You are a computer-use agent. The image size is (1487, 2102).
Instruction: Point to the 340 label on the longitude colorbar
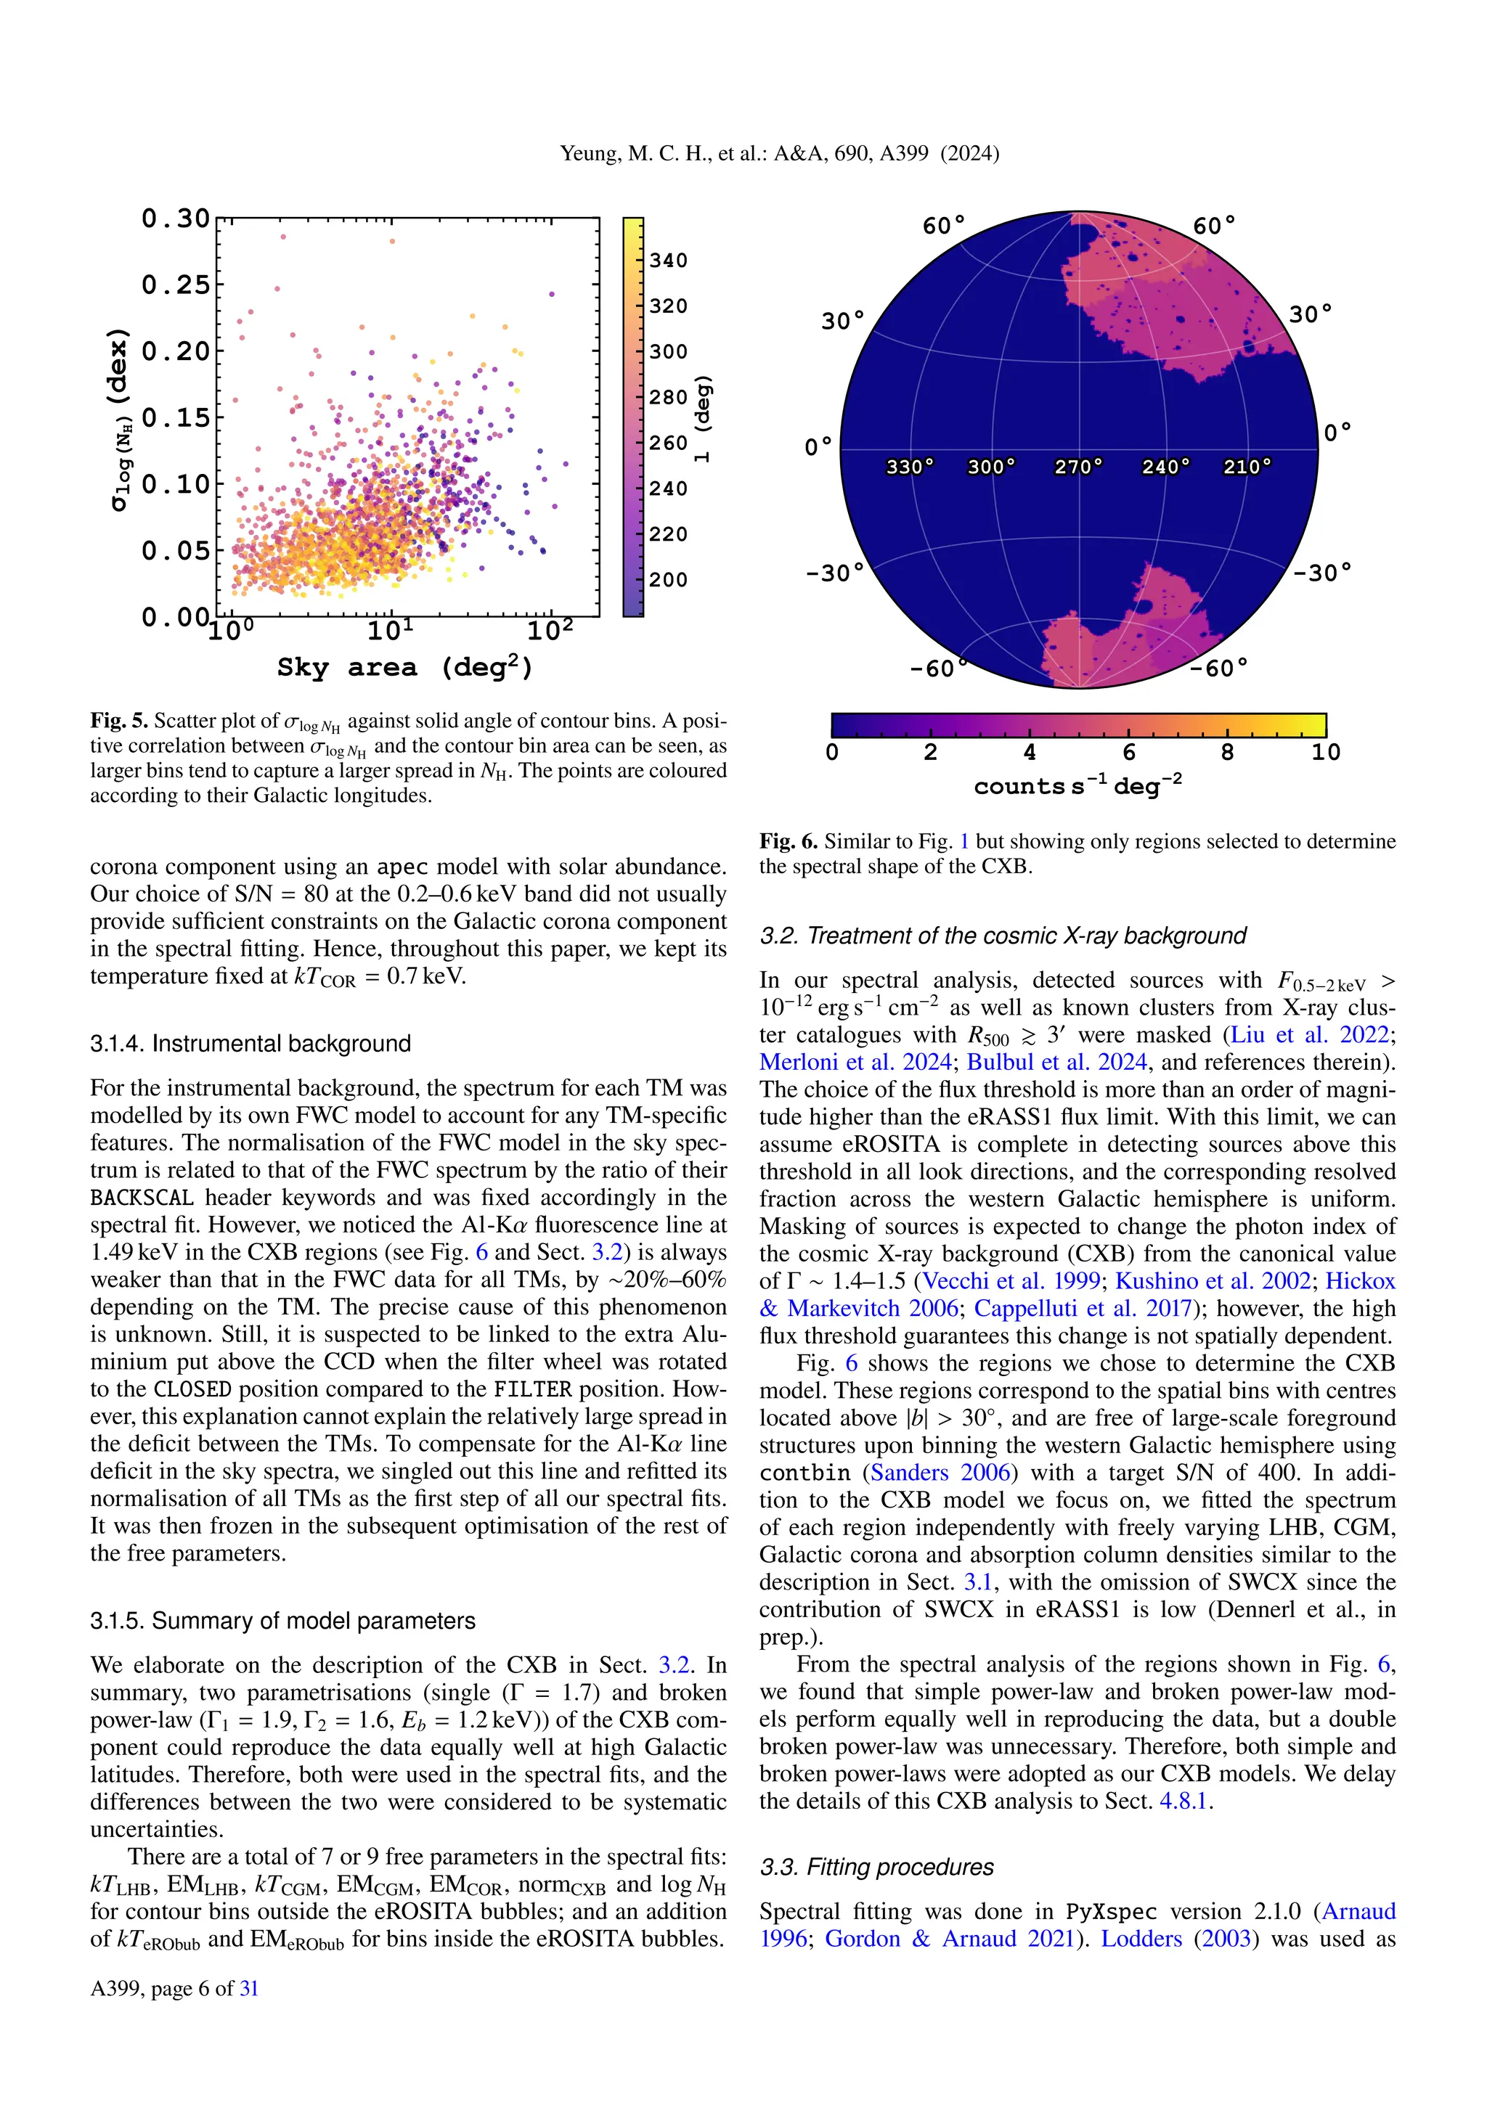pos(669,261)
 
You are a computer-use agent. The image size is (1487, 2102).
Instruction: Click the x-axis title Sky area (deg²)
pos(404,668)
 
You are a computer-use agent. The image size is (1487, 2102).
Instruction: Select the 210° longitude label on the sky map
pos(1247,467)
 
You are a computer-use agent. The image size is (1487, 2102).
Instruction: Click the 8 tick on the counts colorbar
pos(1227,753)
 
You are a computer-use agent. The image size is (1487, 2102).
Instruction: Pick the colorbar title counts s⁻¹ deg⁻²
pos(1077,785)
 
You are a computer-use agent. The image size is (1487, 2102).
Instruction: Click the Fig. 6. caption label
pos(789,841)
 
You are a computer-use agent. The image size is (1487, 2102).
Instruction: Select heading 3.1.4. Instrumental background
pos(250,1044)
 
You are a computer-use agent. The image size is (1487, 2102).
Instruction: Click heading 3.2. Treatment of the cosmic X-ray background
pos(1003,936)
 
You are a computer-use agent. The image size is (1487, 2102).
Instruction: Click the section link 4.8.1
pos(1186,1802)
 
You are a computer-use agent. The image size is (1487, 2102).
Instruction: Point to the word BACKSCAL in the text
pos(142,1198)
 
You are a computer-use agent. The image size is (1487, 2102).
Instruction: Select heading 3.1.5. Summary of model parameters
pos(282,1621)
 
